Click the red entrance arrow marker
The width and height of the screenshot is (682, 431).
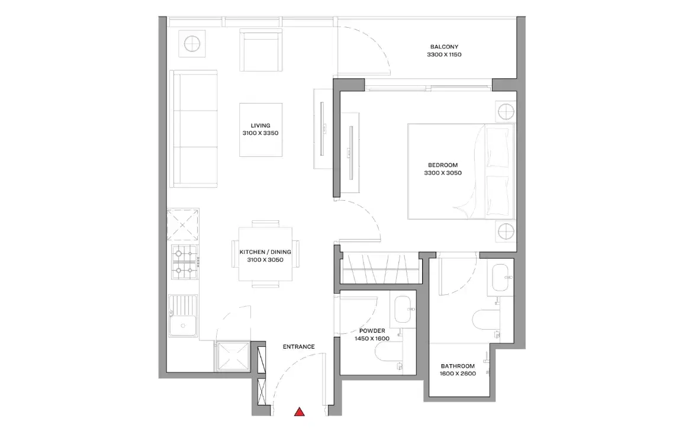(x=300, y=412)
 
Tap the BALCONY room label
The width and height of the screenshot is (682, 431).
(x=443, y=47)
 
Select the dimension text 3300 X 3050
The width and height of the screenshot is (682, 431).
(x=442, y=173)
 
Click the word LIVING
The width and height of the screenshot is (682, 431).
(x=260, y=126)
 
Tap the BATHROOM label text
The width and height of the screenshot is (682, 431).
(x=457, y=366)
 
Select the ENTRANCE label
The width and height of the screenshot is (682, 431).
(x=298, y=347)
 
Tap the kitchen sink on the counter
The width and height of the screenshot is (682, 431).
(x=183, y=323)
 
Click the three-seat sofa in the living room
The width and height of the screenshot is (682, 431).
(x=193, y=128)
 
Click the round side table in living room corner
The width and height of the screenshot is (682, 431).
(x=192, y=44)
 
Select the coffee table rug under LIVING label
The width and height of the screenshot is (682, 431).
(x=260, y=130)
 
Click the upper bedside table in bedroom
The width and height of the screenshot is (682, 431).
(x=505, y=111)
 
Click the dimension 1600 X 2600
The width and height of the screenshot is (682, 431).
(x=457, y=374)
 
